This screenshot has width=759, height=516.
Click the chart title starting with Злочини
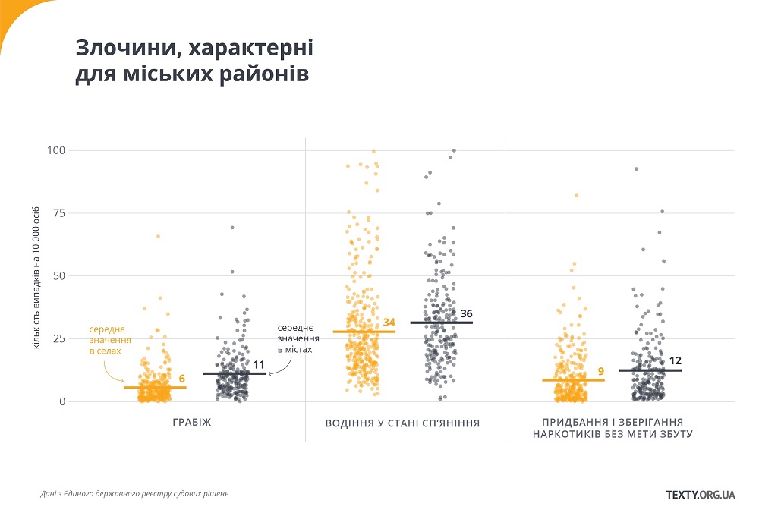click(194, 61)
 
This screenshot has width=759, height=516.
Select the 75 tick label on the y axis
click(56, 213)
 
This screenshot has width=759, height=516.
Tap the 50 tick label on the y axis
click(56, 275)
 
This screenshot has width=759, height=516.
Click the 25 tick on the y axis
click(56, 338)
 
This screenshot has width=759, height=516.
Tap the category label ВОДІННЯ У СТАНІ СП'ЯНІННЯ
click(402, 422)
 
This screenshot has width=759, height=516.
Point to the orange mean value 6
click(182, 379)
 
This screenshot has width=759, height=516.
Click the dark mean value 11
click(258, 364)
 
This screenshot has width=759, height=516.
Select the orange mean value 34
click(389, 322)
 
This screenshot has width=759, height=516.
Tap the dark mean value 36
click(467, 313)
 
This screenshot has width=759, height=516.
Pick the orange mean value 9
click(600, 371)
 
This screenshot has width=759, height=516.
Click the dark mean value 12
click(675, 360)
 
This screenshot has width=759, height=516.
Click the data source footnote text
click(134, 494)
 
